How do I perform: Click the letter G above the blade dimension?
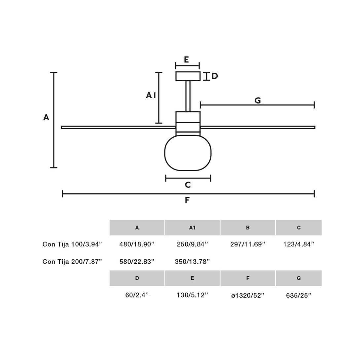(x=258, y=100)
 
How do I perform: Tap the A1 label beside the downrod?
(x=151, y=95)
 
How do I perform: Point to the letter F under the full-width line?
(x=187, y=200)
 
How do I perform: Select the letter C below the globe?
(x=188, y=185)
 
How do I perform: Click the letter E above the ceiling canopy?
(x=186, y=60)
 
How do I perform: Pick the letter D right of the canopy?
(x=215, y=76)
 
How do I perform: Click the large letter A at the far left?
(x=46, y=117)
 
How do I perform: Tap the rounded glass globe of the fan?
(x=188, y=153)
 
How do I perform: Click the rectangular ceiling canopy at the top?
(x=188, y=76)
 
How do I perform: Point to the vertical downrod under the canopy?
(x=188, y=96)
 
